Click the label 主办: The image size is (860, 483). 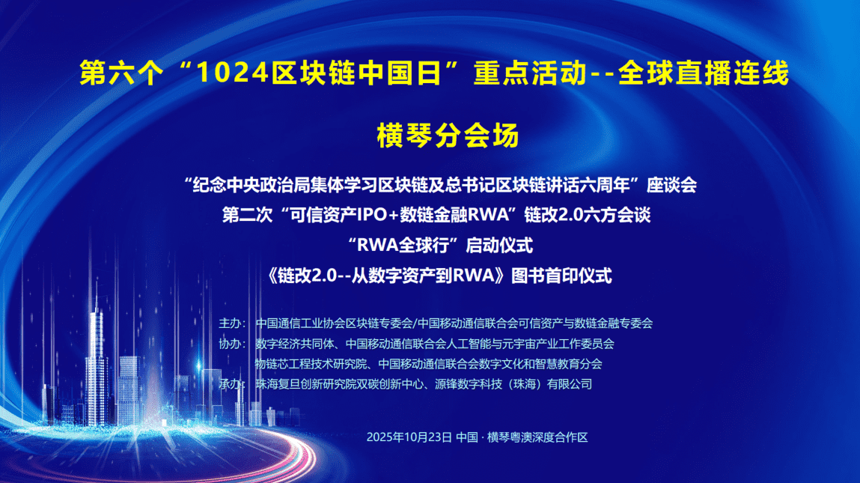coord(231,323)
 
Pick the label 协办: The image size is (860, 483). coord(231,344)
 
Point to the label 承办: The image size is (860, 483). coord(231,384)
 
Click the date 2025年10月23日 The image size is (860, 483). coord(409,437)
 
